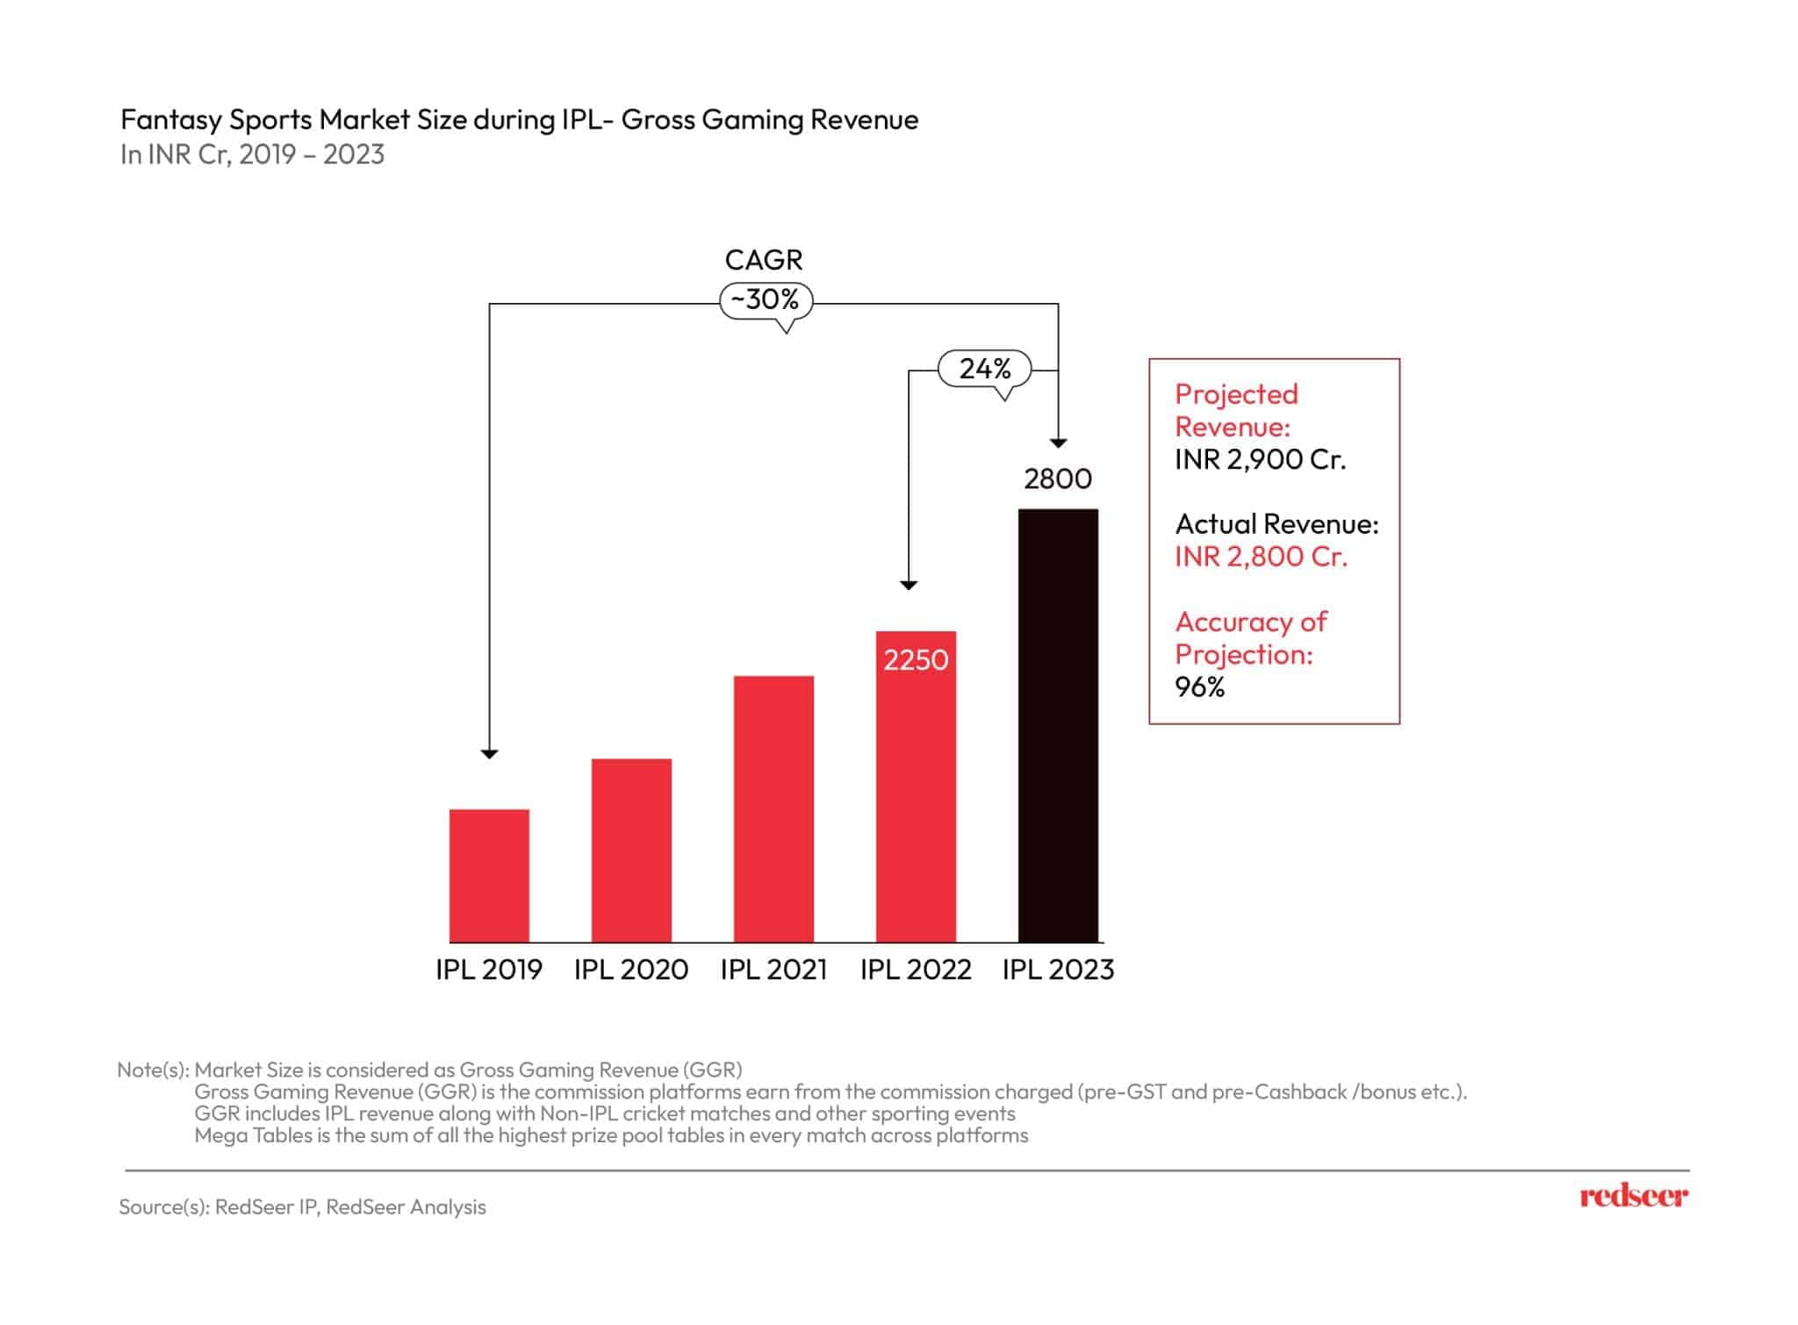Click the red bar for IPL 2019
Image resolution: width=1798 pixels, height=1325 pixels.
(x=489, y=875)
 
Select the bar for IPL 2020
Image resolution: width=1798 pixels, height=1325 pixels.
(x=631, y=850)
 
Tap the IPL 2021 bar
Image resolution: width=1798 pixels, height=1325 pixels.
(x=773, y=809)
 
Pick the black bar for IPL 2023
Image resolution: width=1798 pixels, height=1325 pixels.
(x=1058, y=725)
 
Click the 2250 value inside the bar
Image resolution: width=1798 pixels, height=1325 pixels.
(x=916, y=659)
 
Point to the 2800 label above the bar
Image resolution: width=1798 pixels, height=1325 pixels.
(x=1058, y=479)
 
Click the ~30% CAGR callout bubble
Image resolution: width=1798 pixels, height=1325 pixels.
(x=766, y=300)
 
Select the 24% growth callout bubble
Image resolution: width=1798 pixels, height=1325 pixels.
(x=985, y=369)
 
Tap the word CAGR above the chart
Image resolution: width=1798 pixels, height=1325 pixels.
(x=764, y=260)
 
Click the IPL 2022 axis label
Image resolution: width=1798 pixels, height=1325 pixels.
(x=916, y=969)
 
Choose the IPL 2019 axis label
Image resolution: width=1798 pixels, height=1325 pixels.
(x=489, y=969)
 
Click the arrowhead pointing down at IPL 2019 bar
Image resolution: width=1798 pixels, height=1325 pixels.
(x=490, y=754)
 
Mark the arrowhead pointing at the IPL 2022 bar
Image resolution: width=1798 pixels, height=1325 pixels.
(x=909, y=585)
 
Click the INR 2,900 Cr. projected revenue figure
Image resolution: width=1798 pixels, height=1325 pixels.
(x=1260, y=459)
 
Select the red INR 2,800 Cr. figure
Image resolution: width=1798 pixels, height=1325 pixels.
(x=1261, y=557)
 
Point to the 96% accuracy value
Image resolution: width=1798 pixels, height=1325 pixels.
(x=1199, y=687)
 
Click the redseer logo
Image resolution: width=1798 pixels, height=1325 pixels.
(x=1633, y=1196)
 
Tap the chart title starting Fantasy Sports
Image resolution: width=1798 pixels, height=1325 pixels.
(x=519, y=119)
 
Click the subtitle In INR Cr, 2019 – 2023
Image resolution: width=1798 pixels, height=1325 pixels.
(x=253, y=155)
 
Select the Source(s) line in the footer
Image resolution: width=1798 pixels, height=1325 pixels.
(x=302, y=1207)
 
